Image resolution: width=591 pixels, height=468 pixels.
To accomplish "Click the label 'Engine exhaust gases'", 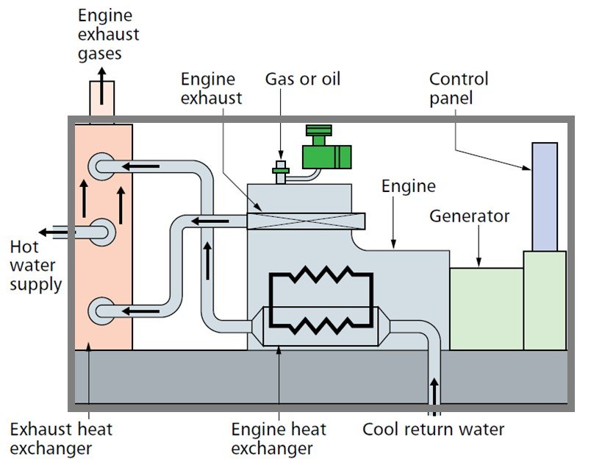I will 108,34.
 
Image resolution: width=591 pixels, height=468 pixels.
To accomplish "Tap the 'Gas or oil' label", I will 303,78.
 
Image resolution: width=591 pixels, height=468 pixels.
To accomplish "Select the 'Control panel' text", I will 458,88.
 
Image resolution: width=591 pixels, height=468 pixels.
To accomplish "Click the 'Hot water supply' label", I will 35,265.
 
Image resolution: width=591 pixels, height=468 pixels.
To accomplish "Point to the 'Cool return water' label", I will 434,429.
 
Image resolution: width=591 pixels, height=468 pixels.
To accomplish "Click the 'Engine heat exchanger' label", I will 279,439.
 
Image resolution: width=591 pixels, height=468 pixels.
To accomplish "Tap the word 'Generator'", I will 469,216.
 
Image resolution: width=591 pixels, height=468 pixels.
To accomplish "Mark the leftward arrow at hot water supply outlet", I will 54,233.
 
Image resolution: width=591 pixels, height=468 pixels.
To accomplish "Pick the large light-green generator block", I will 486,308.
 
